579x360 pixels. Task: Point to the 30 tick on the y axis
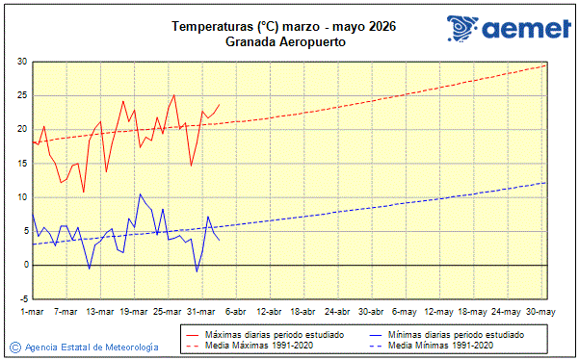21,62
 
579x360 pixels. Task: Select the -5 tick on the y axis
21,298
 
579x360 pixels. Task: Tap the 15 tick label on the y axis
21,163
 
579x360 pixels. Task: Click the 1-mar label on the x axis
32,312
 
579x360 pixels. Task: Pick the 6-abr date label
235,312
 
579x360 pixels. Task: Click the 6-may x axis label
406,312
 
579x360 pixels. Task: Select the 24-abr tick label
337,312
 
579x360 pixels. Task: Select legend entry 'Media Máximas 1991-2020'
252,345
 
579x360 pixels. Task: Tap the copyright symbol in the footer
14,347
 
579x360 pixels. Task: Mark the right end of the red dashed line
546,64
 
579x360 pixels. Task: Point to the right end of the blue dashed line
546,182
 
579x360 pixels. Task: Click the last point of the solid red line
220,104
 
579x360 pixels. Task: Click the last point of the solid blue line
220,240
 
